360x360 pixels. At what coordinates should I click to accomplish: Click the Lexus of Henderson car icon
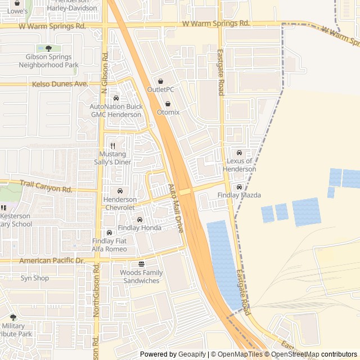(239, 153)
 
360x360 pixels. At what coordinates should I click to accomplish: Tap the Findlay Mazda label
(239, 195)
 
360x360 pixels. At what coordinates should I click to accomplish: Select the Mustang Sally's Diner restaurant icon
(112, 146)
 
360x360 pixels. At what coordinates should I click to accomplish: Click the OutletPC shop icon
(160, 82)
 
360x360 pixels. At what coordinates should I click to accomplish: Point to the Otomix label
(168, 112)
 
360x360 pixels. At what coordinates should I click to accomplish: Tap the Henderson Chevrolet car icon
(120, 191)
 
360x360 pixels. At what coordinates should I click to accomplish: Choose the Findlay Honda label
(139, 228)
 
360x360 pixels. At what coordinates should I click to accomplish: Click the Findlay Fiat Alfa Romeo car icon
(109, 233)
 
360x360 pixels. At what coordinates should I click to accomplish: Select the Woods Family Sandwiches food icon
(141, 264)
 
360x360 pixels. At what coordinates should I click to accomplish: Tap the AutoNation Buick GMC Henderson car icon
(116, 98)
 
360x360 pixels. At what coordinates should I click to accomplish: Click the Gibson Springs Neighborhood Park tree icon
(48, 49)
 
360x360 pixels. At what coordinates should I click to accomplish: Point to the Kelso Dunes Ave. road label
(61, 84)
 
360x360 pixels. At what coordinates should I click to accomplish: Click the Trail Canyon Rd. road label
(46, 186)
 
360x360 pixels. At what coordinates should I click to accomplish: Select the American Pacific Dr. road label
(51, 261)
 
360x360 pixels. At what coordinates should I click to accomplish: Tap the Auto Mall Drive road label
(175, 209)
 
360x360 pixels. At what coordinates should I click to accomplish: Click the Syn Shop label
(35, 278)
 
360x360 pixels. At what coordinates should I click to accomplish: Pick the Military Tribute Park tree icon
(13, 318)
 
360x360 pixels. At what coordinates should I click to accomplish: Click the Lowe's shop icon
(17, 3)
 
